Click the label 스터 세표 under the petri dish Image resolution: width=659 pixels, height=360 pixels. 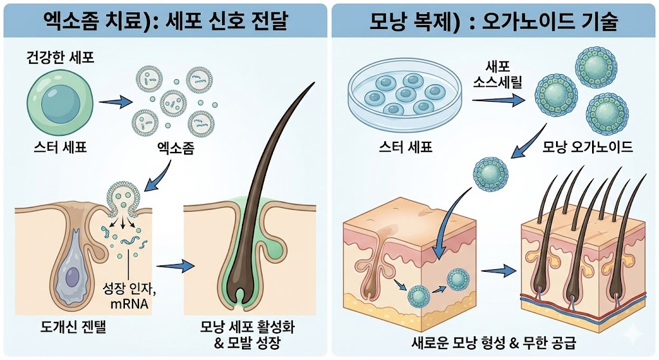coord(405,147)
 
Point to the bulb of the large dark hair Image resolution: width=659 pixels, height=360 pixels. coord(239,290)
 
